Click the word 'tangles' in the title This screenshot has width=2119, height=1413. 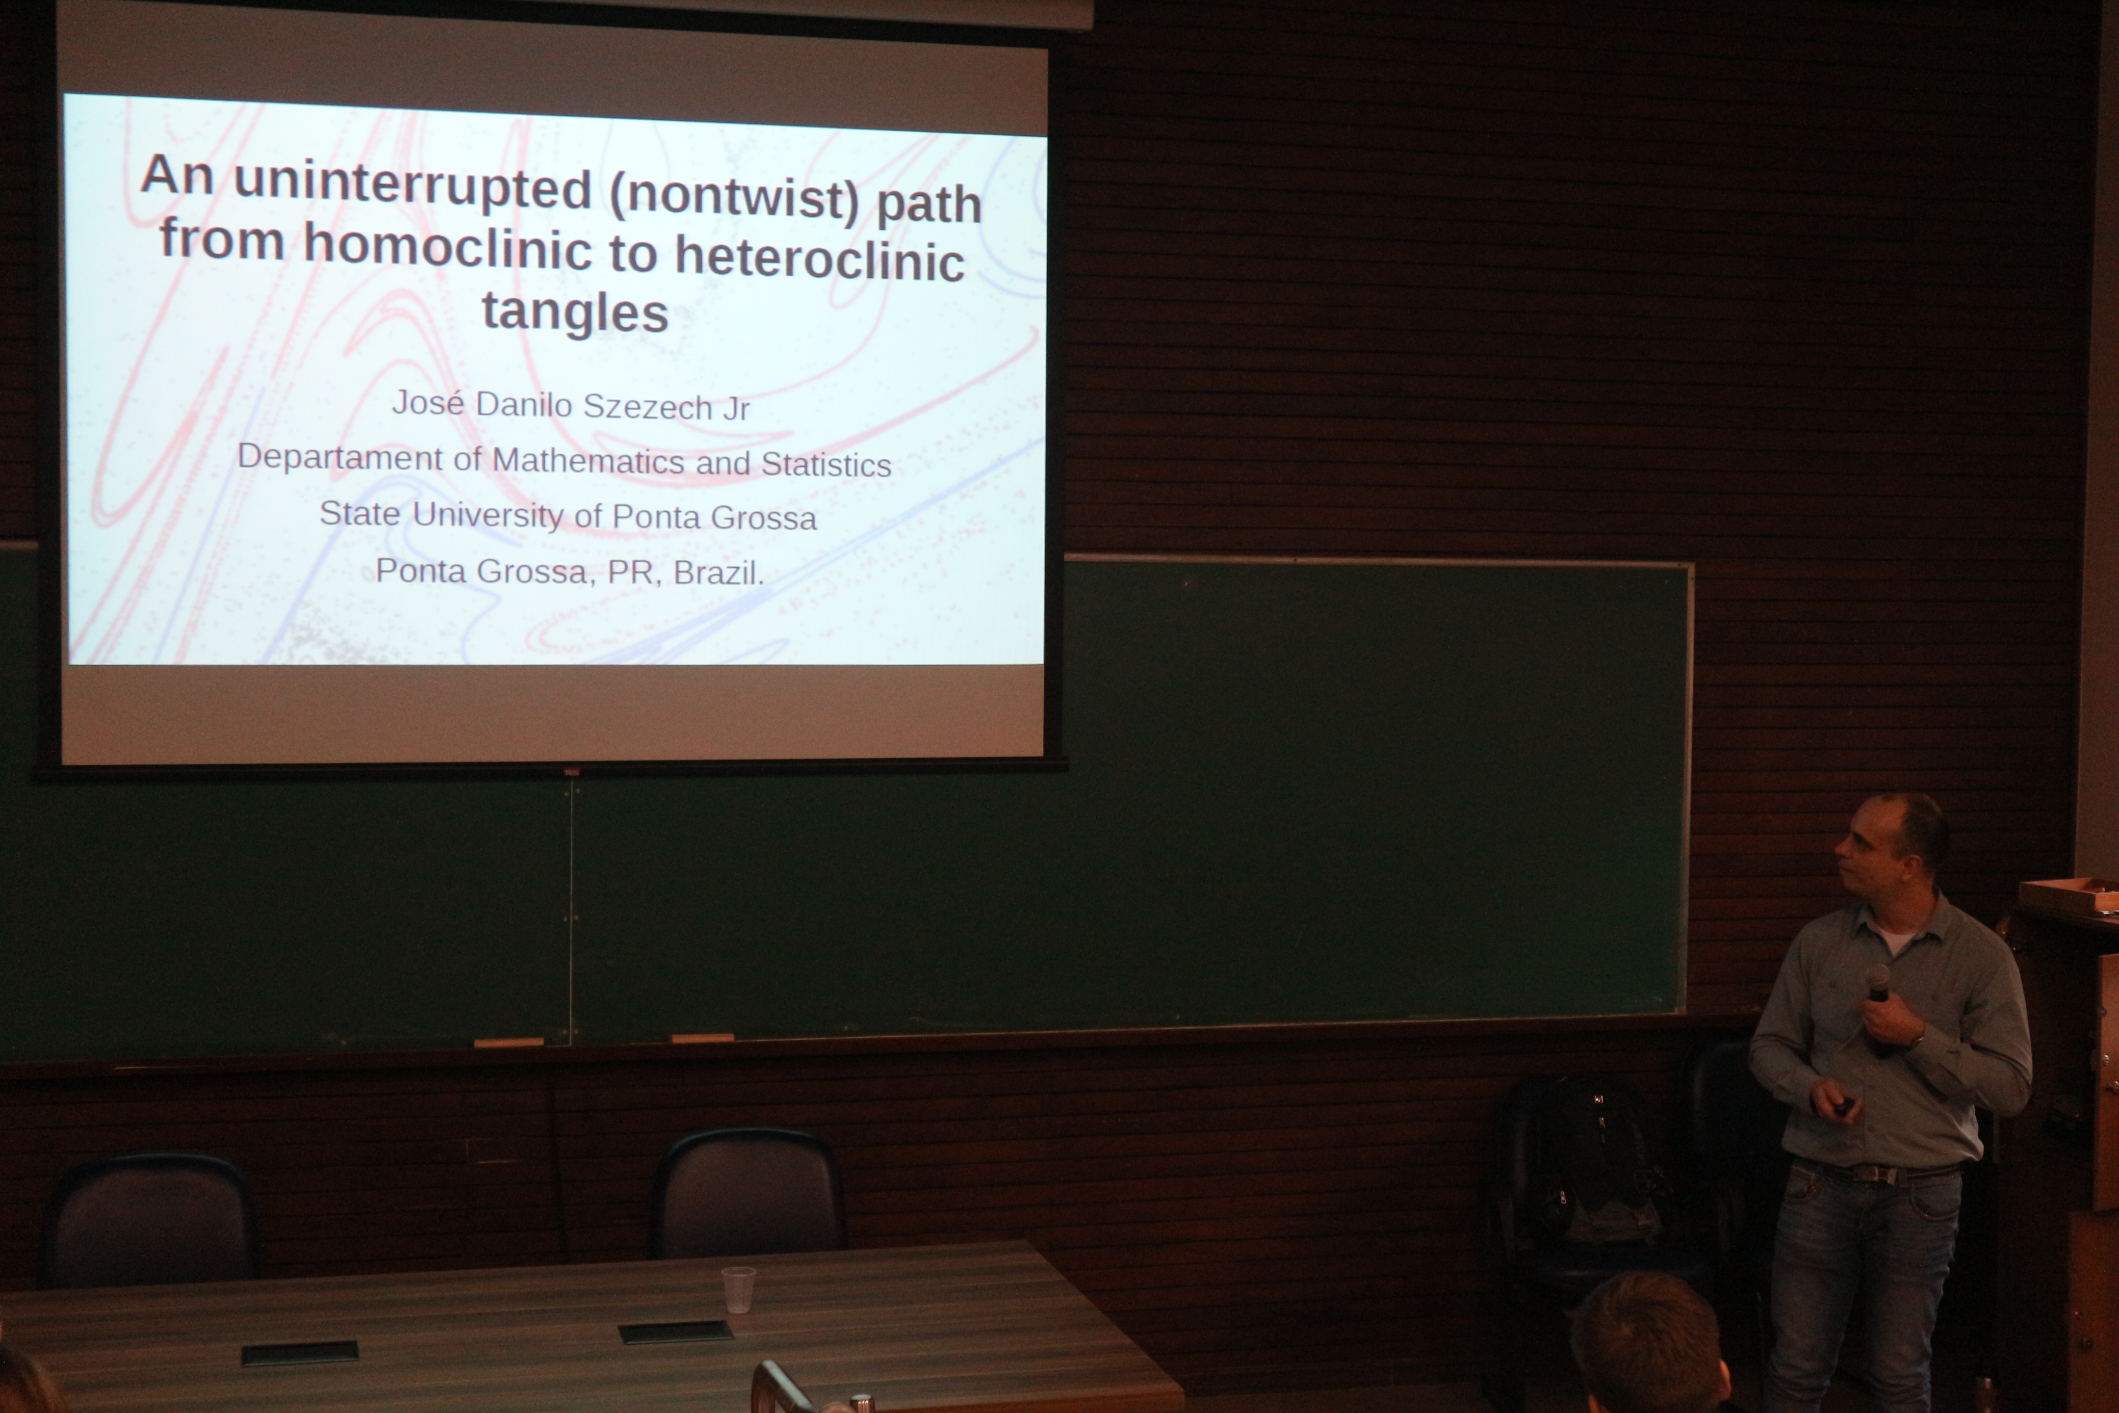[x=575, y=312]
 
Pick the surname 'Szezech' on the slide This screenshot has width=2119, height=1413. [x=648, y=407]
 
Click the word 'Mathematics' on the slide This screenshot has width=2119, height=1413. [x=588, y=461]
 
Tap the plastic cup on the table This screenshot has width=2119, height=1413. [x=738, y=1289]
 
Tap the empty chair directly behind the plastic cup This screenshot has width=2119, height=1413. [x=748, y=1194]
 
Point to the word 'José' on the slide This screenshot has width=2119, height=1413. [x=428, y=403]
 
